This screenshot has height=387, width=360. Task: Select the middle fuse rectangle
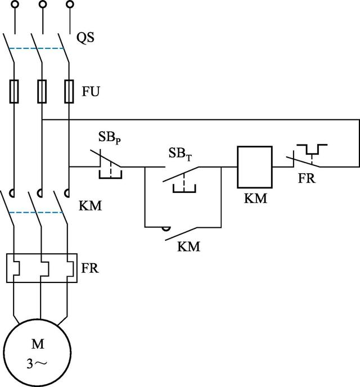41,91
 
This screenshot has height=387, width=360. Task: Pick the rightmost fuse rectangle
69,91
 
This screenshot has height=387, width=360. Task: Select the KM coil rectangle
254,167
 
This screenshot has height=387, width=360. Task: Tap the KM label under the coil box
255,199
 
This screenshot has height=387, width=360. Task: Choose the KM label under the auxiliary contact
188,246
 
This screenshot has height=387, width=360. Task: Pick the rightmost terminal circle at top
70,5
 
